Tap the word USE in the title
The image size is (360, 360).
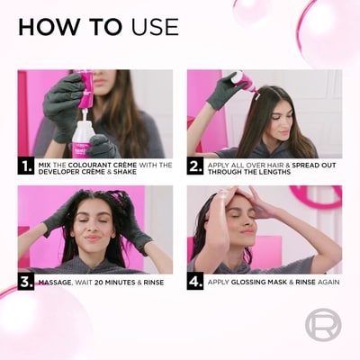pos(155,27)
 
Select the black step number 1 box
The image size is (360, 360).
pos(26,166)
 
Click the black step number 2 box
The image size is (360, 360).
pos(195,166)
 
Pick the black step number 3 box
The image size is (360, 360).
pos(26,282)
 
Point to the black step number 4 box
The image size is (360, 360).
pos(195,282)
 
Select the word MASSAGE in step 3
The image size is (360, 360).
pos(55,283)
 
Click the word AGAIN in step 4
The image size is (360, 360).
pos(328,282)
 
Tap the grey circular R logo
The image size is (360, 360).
pos(323,326)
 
